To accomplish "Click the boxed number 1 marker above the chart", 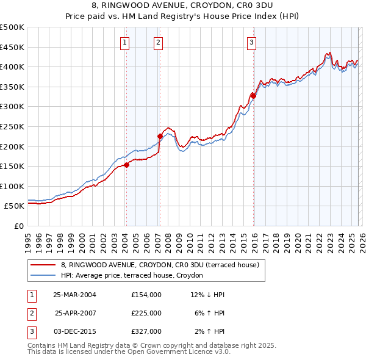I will point(124,42).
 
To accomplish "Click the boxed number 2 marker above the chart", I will point(158,42).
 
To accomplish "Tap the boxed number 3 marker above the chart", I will point(251,42).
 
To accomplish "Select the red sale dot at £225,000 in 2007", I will point(160,137).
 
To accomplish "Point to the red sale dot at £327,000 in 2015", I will point(253,96).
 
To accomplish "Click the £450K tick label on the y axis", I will point(12,47).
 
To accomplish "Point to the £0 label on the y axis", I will point(19,226).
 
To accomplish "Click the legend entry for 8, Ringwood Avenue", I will point(160,265).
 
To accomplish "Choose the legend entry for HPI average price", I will point(143,275).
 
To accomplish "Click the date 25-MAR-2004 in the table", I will point(74,295).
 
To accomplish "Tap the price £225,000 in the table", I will point(146,313).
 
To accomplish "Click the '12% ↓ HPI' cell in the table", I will point(207,295).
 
